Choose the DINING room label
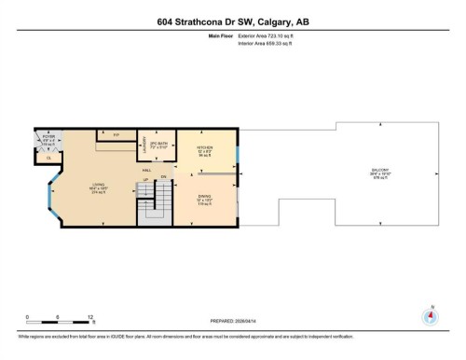205,198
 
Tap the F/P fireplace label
116,135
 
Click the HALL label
147,171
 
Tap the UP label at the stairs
144,179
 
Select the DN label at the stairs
163,177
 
